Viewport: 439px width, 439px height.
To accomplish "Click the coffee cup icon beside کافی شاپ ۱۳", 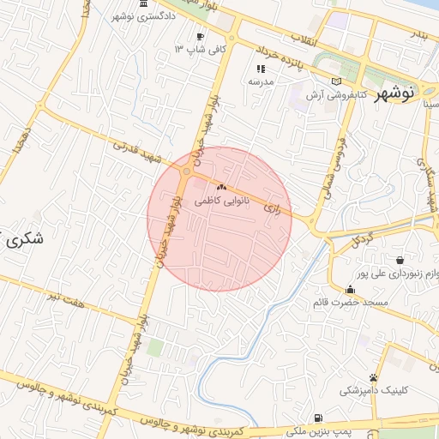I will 200,36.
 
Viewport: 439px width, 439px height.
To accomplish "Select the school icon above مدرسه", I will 261,69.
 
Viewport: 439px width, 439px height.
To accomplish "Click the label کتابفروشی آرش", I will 342,93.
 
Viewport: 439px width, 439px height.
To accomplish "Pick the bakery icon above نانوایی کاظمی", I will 222,187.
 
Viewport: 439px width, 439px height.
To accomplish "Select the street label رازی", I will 272,208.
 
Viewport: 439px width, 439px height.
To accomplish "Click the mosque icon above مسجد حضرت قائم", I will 350,289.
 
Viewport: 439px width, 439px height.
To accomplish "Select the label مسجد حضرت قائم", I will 352,303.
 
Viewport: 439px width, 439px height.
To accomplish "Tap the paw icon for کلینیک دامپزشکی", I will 374,377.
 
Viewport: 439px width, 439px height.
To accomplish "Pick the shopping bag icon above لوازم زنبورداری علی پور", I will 400,260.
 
